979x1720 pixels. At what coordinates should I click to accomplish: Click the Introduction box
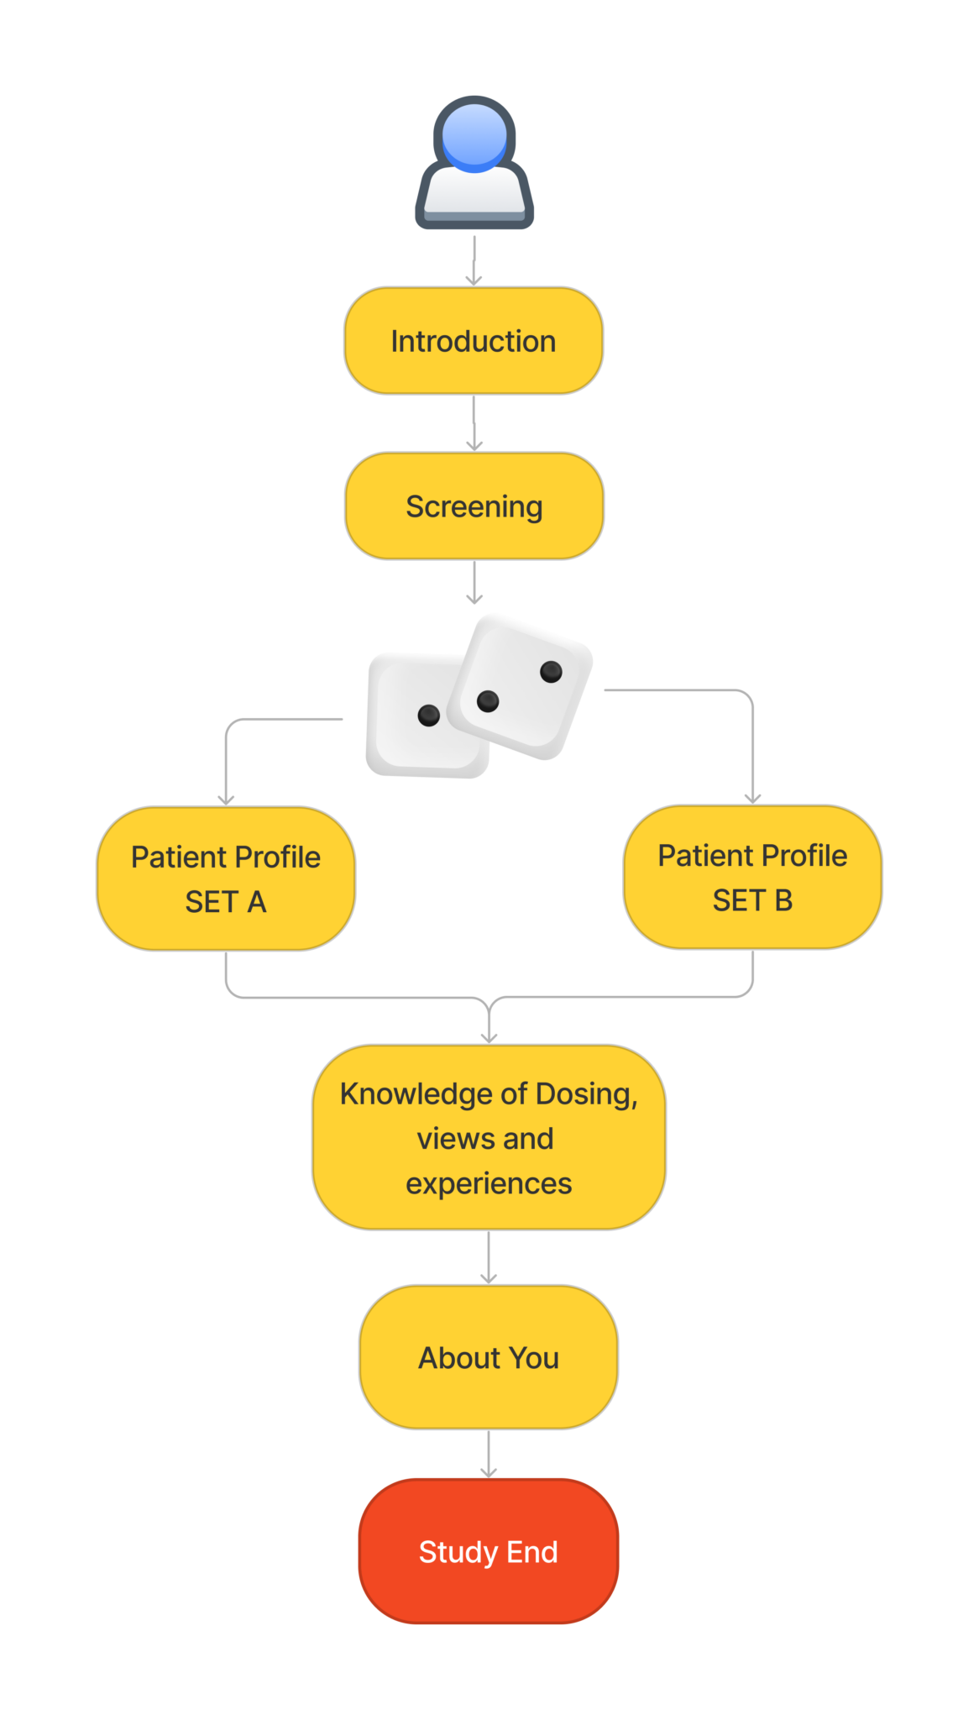[474, 341]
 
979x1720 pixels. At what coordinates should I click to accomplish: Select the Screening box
[474, 506]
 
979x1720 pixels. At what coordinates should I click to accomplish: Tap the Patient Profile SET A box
[226, 878]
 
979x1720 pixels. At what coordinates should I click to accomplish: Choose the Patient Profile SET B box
[752, 877]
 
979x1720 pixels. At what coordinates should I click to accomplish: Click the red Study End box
[489, 1552]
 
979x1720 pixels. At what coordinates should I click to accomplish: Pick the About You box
[489, 1357]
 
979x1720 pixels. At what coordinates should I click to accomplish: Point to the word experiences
[489, 1183]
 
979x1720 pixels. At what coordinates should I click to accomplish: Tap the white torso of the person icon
[474, 193]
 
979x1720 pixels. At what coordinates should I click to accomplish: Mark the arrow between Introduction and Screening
[474, 423]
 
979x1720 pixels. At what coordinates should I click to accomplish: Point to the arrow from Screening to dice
[474, 583]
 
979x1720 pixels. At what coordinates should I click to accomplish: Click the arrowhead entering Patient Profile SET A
[226, 798]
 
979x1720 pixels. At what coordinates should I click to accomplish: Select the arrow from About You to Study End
[489, 1455]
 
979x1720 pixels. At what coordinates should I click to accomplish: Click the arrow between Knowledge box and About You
[489, 1258]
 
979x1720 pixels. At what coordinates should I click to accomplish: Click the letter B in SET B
[783, 900]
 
